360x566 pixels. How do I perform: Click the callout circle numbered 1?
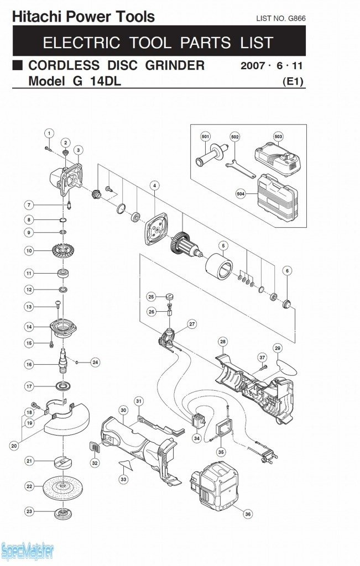(49, 133)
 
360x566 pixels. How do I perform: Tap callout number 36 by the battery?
(248, 514)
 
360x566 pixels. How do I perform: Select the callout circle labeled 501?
(205, 137)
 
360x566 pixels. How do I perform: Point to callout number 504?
(241, 194)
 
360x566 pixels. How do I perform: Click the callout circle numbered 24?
(95, 363)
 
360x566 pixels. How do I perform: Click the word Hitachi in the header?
(36, 17)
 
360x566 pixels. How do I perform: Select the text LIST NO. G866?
(281, 19)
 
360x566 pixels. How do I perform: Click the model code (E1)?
(293, 82)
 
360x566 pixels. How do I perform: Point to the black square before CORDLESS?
(18, 65)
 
